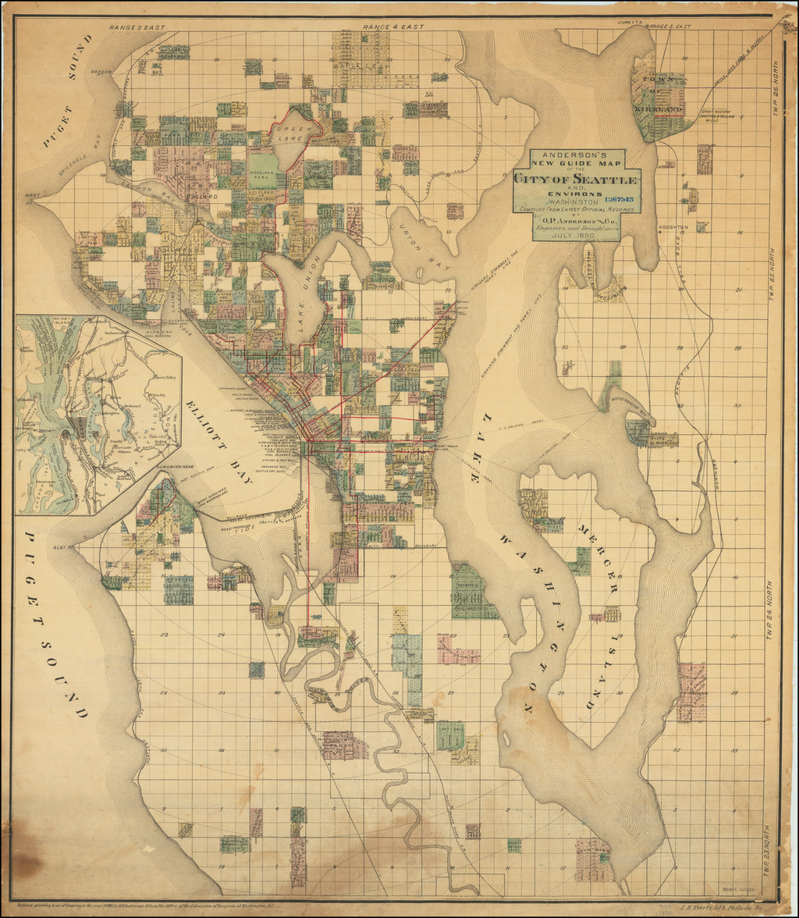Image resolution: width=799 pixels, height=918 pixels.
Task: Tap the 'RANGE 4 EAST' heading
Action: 393,27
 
